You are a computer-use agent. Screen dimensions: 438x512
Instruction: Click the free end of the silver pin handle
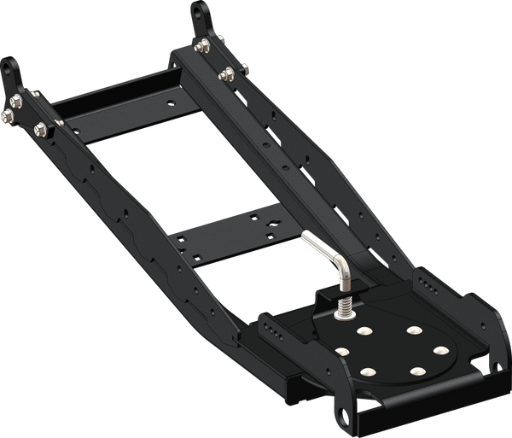tap(304, 237)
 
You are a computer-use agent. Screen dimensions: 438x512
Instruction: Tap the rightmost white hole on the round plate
tap(441, 350)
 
